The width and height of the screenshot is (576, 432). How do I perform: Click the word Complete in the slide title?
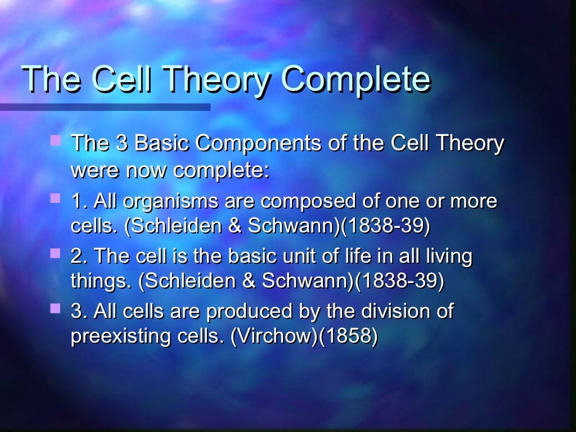pyautogui.click(x=355, y=80)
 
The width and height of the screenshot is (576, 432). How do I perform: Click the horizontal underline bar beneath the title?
pyautogui.click(x=105, y=107)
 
